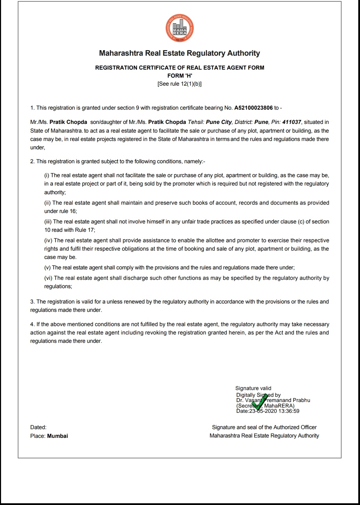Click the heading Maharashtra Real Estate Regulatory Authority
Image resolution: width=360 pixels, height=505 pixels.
[179, 53]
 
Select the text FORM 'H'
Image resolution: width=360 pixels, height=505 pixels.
[179, 76]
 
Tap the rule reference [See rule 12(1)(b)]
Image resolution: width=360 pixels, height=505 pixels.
[179, 84]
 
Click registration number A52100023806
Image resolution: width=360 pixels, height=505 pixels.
[254, 108]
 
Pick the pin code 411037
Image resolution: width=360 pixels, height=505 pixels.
[292, 122]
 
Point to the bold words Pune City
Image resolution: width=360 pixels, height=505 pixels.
[219, 122]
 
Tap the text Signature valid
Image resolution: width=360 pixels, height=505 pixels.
[253, 388]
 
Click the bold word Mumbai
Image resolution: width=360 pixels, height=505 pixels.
[57, 436]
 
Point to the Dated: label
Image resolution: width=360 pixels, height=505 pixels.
[38, 427]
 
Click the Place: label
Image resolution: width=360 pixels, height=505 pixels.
[38, 436]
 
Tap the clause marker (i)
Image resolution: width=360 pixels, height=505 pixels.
[47, 175]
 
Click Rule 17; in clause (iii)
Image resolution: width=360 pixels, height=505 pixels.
[85, 230]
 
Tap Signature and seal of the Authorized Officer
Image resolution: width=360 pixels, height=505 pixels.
[264, 427]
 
